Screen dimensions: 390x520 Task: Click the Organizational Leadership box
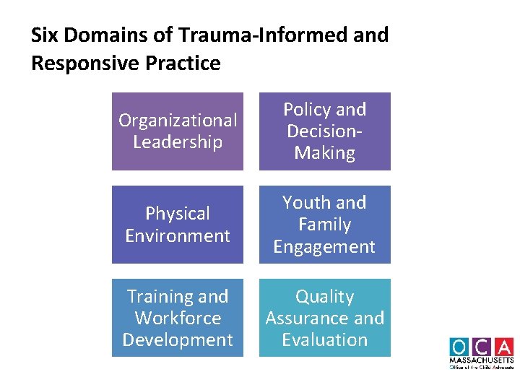click(178, 131)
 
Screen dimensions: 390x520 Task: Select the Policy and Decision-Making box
click(324, 131)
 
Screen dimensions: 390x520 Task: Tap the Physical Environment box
click(178, 225)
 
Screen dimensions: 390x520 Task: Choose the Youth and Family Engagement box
click(324, 225)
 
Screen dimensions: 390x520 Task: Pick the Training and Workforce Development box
click(178, 318)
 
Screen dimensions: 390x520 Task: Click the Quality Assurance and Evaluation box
click(324, 318)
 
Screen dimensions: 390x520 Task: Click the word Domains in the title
click(105, 35)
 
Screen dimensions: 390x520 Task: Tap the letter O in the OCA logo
click(459, 347)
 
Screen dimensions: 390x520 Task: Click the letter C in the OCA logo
click(481, 347)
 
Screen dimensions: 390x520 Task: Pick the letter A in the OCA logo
click(503, 347)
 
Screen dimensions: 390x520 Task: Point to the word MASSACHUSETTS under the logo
click(481, 360)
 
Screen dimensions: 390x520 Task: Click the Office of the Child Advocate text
click(481, 367)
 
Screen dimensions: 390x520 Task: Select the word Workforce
click(178, 318)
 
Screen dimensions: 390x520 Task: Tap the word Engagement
click(324, 247)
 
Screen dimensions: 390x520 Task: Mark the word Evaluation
click(324, 339)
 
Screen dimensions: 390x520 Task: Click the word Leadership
click(178, 142)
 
